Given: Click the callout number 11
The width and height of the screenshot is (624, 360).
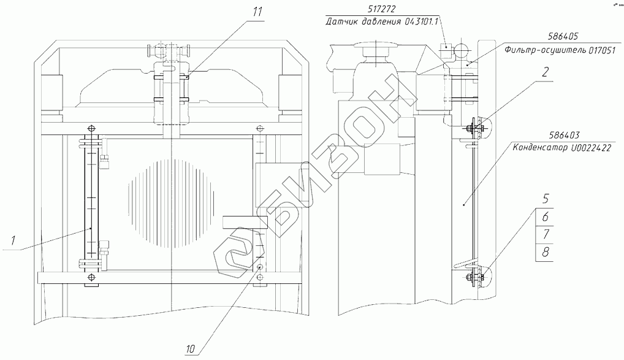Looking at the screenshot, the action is point(257,12).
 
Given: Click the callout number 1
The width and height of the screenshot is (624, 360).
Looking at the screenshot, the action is point(13,240).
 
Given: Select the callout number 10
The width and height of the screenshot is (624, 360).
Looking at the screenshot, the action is point(190,349).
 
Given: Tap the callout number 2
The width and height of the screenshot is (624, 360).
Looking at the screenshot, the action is point(545,72).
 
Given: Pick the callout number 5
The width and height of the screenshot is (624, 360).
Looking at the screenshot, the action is point(546,198).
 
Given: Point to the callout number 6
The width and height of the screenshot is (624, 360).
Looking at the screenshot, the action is point(545,216).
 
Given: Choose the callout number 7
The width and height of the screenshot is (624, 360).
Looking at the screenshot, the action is point(545,234).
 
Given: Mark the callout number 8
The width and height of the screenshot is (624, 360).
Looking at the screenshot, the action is point(545,252).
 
